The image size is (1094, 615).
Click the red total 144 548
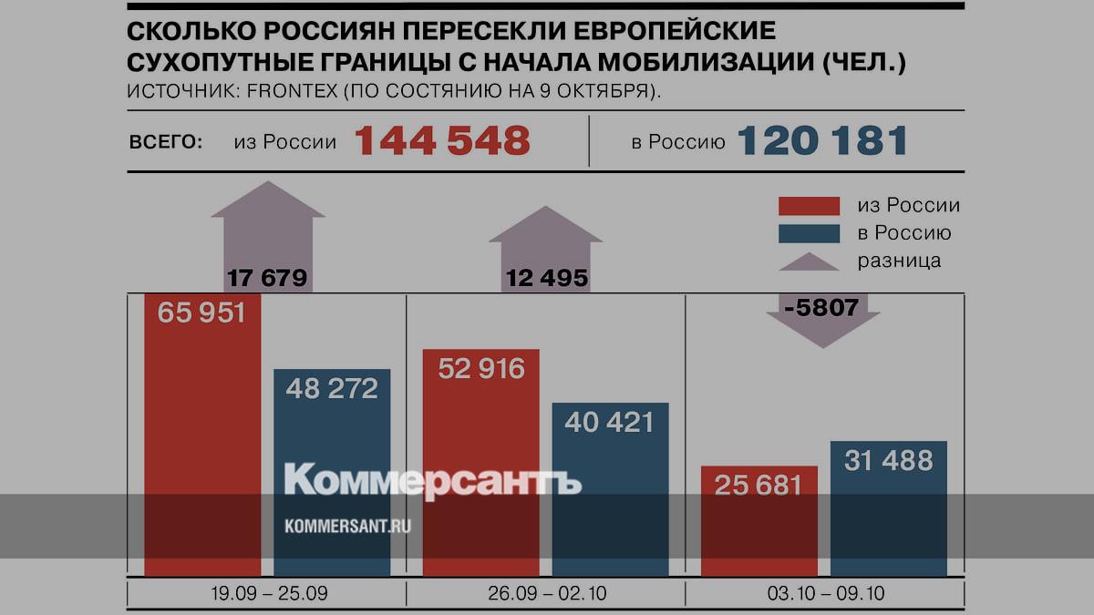442,141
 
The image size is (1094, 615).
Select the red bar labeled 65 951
203,437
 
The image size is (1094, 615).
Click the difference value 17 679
267,277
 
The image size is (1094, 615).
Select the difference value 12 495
547,277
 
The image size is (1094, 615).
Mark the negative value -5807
823,308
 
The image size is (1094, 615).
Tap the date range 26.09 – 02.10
546,594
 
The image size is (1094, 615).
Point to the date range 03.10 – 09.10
824,594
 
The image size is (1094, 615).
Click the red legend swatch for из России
809,206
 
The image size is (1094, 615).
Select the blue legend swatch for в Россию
809,233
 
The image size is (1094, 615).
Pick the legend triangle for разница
809,261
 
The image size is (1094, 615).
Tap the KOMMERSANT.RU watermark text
347,526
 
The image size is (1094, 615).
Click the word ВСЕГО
166,142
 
